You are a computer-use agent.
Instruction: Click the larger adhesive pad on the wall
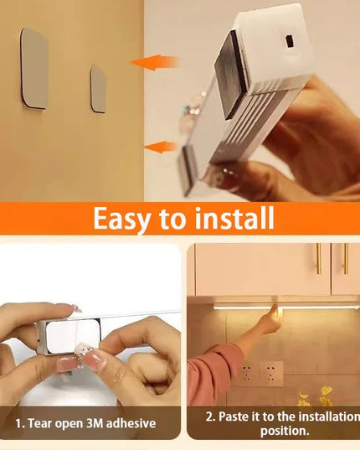click(34, 69)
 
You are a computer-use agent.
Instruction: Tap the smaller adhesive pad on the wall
click(98, 90)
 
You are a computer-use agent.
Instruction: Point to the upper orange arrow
click(154, 62)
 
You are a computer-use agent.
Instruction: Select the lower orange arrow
click(159, 147)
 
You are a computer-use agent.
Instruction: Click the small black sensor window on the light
click(290, 42)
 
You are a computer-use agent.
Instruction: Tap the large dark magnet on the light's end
click(232, 75)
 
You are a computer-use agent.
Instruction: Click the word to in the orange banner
click(172, 220)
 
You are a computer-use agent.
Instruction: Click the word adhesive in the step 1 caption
click(131, 423)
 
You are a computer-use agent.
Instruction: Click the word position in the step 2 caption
click(285, 432)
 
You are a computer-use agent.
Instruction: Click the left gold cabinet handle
click(318, 259)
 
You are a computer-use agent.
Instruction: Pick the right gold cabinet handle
click(346, 259)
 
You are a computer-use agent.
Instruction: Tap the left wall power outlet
click(248, 374)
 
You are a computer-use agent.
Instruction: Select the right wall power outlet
click(271, 374)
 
